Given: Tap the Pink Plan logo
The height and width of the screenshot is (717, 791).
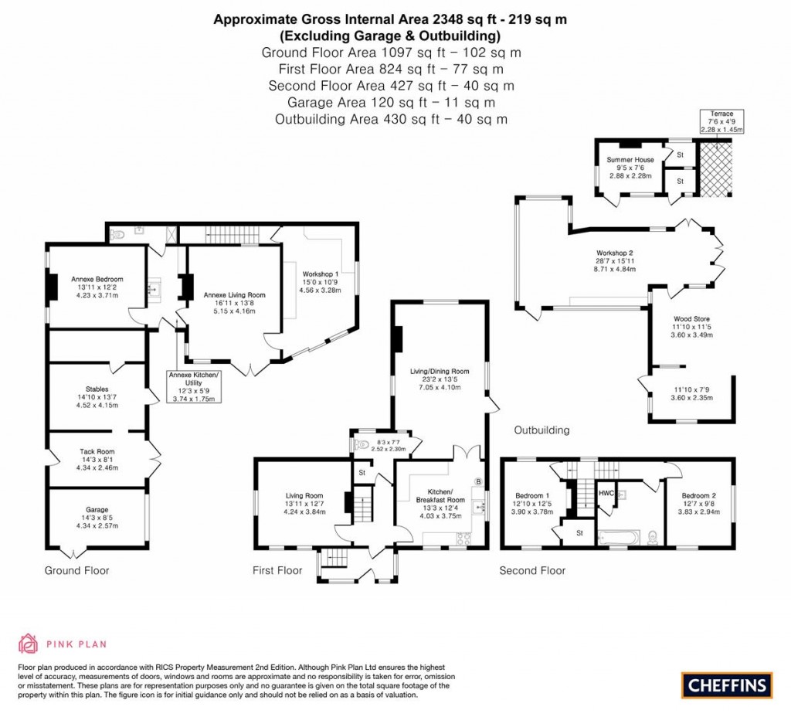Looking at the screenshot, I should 63,643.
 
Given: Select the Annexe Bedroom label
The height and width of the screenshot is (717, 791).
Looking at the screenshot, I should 97,279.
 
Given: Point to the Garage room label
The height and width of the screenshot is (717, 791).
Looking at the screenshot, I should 97,510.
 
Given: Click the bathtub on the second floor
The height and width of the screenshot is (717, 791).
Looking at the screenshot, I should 619,536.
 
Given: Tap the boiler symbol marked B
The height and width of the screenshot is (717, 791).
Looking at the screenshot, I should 478,482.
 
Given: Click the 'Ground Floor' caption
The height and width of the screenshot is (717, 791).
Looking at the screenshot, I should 76,571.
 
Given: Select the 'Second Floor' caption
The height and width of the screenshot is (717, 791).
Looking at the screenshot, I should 532,571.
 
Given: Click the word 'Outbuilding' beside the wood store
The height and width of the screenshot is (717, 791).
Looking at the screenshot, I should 541,430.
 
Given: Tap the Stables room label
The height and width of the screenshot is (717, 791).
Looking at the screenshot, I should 97,389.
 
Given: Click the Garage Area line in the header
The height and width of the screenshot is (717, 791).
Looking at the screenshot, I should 392,102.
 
